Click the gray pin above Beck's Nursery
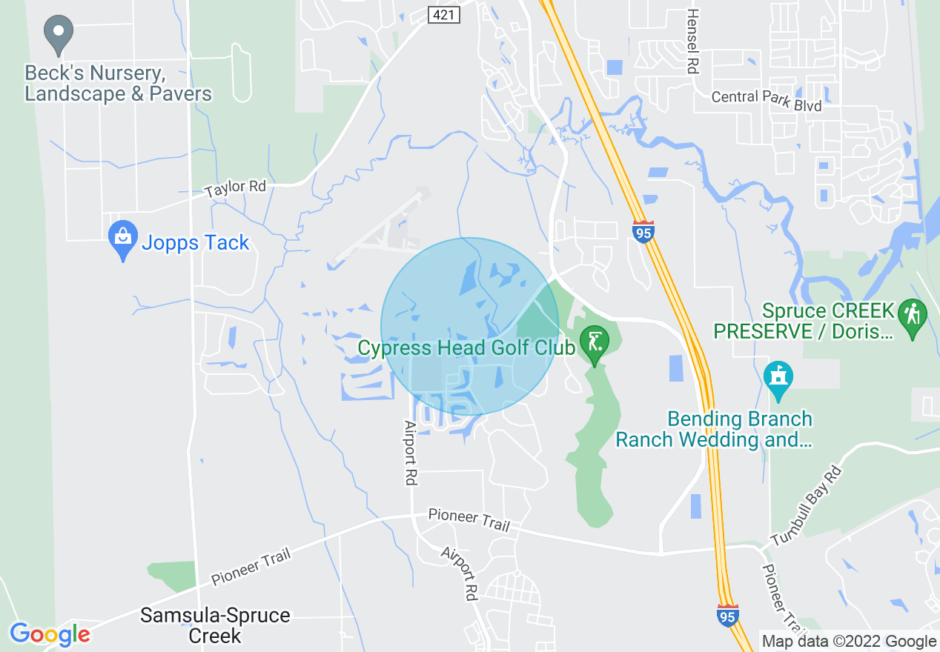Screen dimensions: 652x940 click(x=59, y=34)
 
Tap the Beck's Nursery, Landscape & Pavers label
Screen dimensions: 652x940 click(x=118, y=84)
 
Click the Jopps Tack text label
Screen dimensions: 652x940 click(x=196, y=243)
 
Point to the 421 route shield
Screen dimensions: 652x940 click(x=444, y=14)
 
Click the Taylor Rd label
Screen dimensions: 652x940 click(x=236, y=188)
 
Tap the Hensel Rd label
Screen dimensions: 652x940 click(x=692, y=41)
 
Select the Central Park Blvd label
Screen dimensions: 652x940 click(x=766, y=101)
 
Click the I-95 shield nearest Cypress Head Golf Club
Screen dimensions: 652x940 click(x=643, y=231)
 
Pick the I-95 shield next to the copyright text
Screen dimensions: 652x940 click(x=727, y=614)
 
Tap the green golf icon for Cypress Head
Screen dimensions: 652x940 click(x=594, y=343)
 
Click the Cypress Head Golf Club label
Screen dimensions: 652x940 click(x=466, y=347)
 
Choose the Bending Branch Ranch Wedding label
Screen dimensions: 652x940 click(x=714, y=430)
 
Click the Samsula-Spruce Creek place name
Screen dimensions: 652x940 click(x=215, y=625)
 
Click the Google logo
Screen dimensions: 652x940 click(x=50, y=634)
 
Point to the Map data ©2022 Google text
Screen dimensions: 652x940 click(x=850, y=642)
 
